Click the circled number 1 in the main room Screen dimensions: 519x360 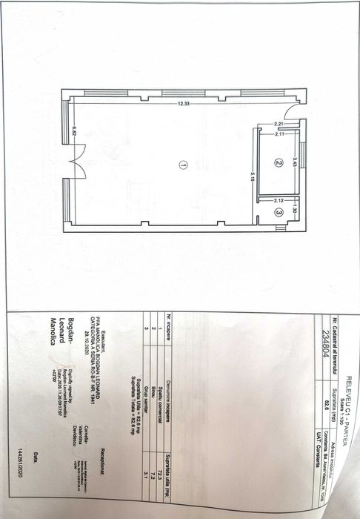182,165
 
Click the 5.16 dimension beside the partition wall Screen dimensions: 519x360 253,179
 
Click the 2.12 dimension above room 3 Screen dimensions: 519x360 279,200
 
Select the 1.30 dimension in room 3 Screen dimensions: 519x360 295,210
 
